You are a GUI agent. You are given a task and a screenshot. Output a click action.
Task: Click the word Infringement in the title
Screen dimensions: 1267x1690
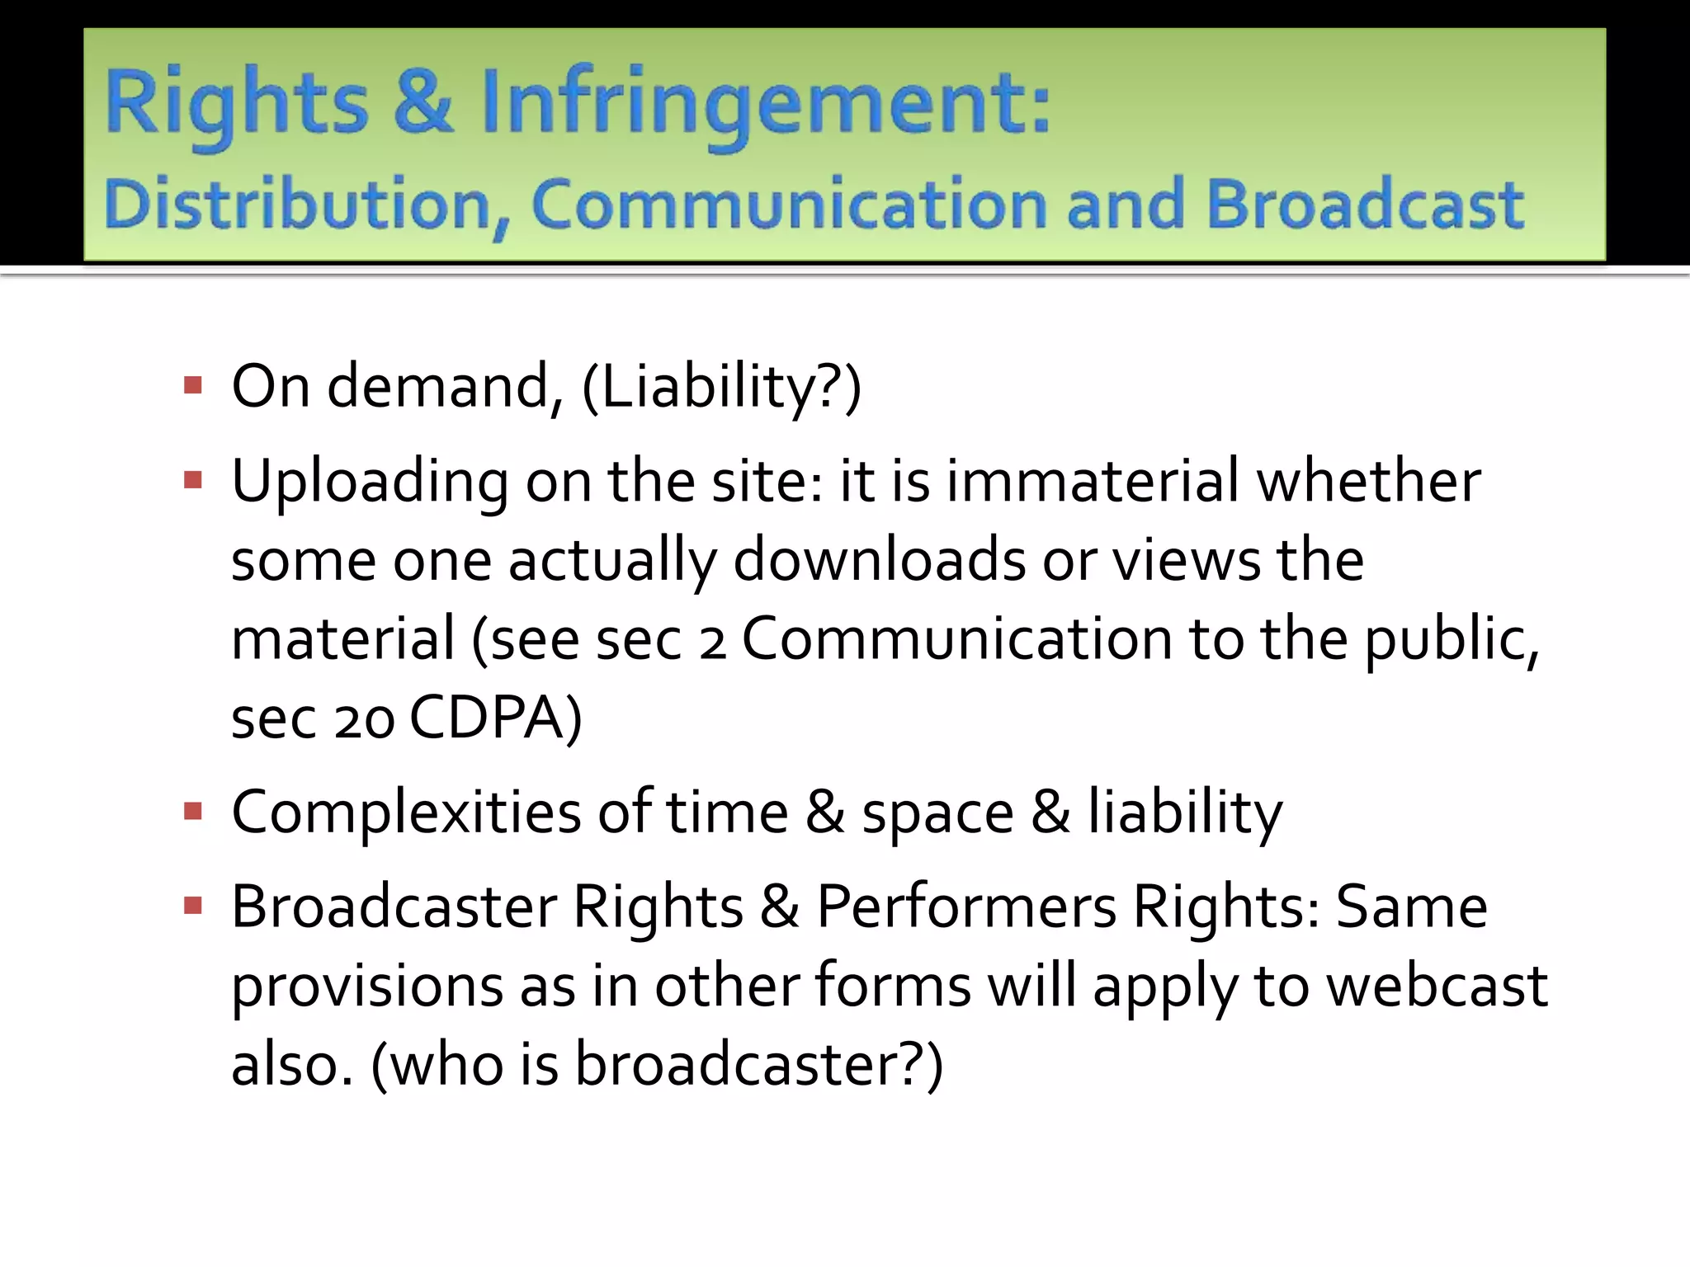click(765, 103)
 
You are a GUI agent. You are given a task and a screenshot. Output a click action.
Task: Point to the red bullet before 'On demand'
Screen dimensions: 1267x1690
click(193, 385)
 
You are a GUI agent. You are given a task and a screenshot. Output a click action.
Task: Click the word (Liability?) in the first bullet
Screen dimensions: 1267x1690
click(721, 387)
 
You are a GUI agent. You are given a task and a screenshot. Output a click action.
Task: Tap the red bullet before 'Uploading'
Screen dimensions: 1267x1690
click(193, 480)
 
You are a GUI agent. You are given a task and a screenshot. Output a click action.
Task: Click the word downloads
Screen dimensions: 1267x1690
click(879, 560)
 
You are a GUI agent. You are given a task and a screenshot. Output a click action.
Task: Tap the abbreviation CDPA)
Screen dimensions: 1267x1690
click(496, 718)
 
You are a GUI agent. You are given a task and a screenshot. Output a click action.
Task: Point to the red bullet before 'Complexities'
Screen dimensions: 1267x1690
click(193, 812)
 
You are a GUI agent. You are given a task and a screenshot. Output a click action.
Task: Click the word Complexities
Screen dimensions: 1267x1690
click(405, 813)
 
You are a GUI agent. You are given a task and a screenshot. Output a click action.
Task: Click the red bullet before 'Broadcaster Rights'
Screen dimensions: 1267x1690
click(193, 907)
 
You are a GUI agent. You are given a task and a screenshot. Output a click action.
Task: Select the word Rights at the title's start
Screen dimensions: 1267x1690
click(236, 103)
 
